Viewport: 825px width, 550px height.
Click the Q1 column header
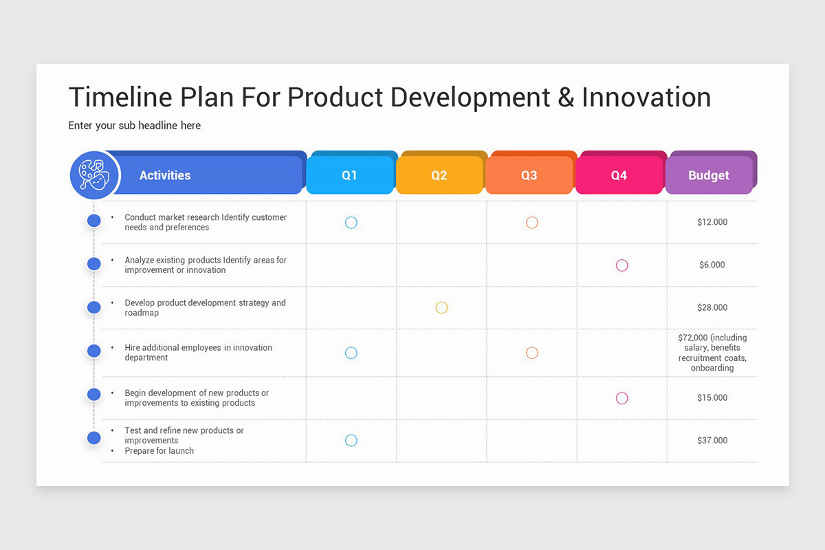click(x=349, y=175)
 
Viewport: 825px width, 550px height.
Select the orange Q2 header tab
click(x=439, y=175)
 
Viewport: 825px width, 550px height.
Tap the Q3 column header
click(x=529, y=175)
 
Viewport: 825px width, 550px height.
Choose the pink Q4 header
click(x=619, y=175)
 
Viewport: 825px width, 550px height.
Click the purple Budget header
click(x=708, y=175)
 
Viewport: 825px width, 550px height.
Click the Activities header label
click(x=165, y=175)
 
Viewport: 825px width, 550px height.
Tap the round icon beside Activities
click(x=95, y=175)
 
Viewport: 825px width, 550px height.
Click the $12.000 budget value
click(x=712, y=222)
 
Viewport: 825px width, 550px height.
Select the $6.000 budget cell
click(x=712, y=265)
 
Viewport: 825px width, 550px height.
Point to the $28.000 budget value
click(x=712, y=307)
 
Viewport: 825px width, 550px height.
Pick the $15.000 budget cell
click(x=712, y=397)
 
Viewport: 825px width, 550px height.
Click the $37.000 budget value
click(x=712, y=440)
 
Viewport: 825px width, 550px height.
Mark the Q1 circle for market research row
click(x=351, y=222)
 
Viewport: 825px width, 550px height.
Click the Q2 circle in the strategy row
click(x=441, y=307)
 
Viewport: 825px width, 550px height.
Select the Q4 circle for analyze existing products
click(x=621, y=265)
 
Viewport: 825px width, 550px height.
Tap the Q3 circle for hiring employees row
click(x=531, y=353)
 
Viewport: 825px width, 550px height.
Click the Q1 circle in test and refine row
click(x=351, y=440)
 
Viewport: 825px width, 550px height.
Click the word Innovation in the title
click(x=646, y=98)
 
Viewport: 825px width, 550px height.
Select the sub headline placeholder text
click(x=134, y=125)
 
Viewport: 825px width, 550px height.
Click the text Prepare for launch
click(x=159, y=451)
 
